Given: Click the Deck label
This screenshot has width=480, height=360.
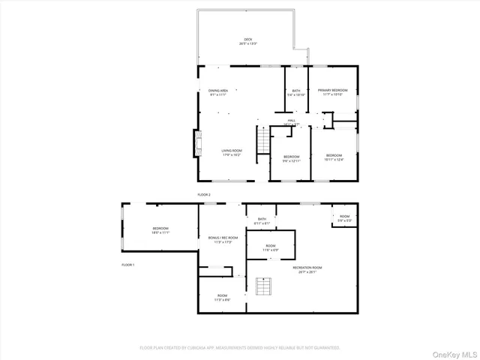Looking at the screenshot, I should (x=248, y=41).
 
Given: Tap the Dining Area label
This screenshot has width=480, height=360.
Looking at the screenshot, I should (x=218, y=92).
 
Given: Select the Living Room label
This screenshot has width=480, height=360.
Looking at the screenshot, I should (x=231, y=152).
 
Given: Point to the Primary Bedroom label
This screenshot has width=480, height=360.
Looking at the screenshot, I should (x=332, y=92).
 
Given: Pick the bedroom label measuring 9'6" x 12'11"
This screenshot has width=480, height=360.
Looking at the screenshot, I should (x=291, y=158).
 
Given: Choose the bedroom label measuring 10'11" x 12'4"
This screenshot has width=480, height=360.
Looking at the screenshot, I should (x=334, y=157).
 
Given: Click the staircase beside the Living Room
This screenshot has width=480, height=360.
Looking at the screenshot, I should (x=262, y=140).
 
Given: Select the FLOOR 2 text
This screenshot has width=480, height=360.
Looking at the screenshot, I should (x=204, y=194).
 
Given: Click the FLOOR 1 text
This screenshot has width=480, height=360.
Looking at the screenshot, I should (x=128, y=265).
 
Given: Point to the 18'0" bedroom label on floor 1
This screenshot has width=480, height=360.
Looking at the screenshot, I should (x=160, y=230).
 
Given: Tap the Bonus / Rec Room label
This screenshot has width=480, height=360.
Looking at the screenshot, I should (x=223, y=240).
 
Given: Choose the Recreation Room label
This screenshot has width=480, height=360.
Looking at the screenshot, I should (x=307, y=269).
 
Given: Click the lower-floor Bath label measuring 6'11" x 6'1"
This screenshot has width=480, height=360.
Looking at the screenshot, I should (x=262, y=221).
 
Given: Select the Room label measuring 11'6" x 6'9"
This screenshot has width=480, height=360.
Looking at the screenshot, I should (x=270, y=247).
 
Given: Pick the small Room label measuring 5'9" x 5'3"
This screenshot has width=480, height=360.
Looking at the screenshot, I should (x=344, y=218).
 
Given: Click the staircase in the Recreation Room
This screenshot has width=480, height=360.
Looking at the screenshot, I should (x=262, y=286).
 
